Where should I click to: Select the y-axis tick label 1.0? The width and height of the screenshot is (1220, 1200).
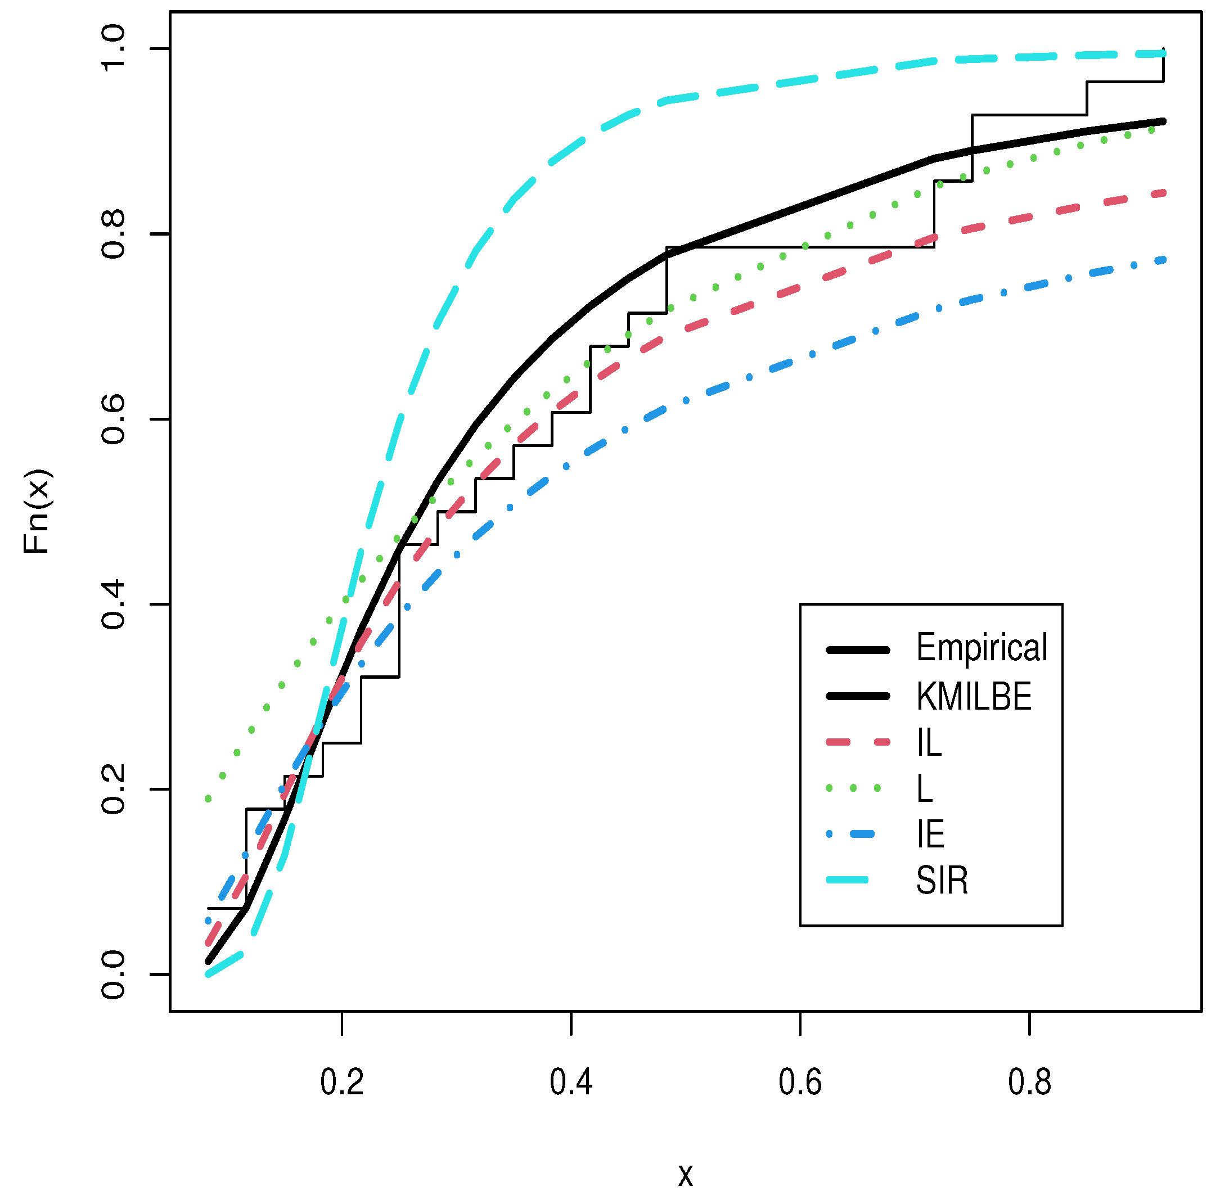coord(114,49)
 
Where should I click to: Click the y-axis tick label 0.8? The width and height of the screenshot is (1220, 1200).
coord(114,234)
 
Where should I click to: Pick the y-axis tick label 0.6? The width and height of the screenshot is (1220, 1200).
coord(114,419)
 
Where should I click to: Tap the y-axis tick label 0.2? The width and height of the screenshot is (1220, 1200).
coord(114,789)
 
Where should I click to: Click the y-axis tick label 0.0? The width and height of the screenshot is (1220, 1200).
coord(114,975)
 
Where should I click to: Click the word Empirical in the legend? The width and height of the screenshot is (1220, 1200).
coord(981,647)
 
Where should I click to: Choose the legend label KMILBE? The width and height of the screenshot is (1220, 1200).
coord(974,696)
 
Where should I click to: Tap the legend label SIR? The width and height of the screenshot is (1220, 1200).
coord(942,881)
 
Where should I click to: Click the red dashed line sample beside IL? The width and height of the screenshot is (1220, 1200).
coord(858,742)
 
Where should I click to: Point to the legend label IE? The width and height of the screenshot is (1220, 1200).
coord(930,834)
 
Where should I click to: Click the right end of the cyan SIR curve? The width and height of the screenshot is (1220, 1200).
coord(1163,54)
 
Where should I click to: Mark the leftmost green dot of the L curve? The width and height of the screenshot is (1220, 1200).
coord(208,799)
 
